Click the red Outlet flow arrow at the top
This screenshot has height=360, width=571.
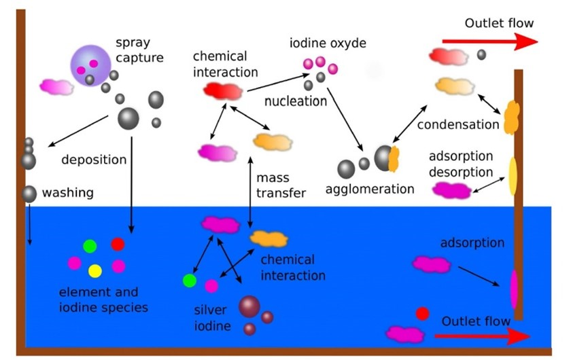coord(489,41)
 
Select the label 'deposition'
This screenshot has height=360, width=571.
coord(94,160)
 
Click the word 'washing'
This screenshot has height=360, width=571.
coord(68,193)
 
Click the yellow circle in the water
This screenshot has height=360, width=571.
coord(95,271)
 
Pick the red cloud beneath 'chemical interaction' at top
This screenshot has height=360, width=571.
coord(223,90)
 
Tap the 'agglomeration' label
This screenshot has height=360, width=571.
coord(370,189)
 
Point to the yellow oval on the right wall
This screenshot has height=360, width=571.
coord(513,176)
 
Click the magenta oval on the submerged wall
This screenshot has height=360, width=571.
coord(515,289)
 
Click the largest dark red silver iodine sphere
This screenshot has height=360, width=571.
coord(249,306)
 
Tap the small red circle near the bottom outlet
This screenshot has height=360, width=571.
coord(422,314)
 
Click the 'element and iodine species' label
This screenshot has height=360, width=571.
coord(99,300)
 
